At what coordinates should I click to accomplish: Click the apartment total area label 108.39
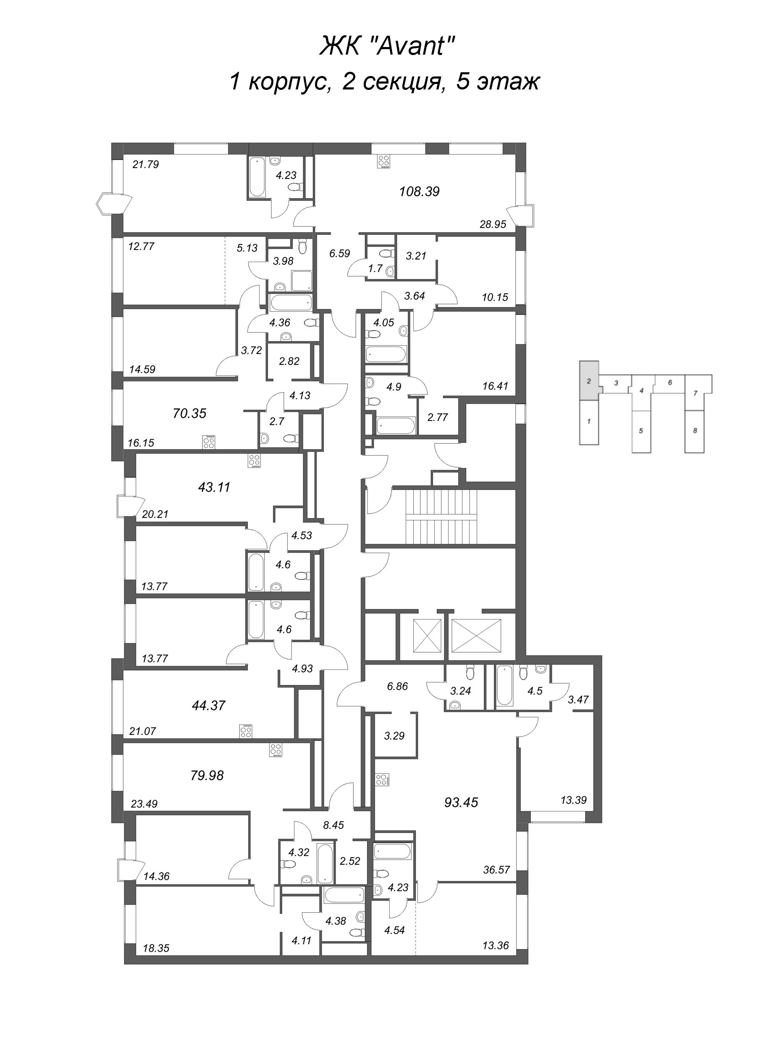[419, 192]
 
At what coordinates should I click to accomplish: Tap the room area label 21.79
[146, 165]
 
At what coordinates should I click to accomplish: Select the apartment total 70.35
[189, 413]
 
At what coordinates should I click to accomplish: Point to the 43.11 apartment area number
[214, 487]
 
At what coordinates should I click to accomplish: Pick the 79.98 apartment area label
[207, 775]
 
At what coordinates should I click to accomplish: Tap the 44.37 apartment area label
[208, 705]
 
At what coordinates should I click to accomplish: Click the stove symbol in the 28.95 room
[383, 161]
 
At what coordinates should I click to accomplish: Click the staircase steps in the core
[441, 517]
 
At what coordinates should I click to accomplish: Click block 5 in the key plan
[640, 431]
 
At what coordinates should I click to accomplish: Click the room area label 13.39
[573, 800]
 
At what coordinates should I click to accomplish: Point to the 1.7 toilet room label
[375, 268]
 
